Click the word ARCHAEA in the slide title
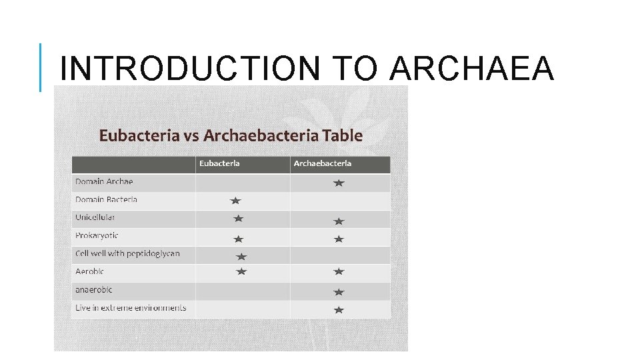pyautogui.click(x=471, y=69)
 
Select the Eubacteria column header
pyautogui.click(x=219, y=163)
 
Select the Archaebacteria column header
pyautogui.click(x=323, y=163)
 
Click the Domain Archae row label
pyautogui.click(x=104, y=181)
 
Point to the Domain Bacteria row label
pyautogui.click(x=106, y=199)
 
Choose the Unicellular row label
pyautogui.click(x=95, y=217)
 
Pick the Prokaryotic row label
pyautogui.click(x=97, y=235)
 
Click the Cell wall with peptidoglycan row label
pyautogui.click(x=127, y=253)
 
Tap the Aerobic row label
pyautogui.click(x=89, y=271)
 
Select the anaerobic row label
pyautogui.click(x=93, y=290)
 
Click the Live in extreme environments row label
pyautogui.click(x=131, y=308)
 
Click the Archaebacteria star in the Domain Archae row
pyautogui.click(x=339, y=183)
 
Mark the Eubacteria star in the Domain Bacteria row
pyautogui.click(x=235, y=200)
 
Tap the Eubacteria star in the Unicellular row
pyautogui.click(x=239, y=218)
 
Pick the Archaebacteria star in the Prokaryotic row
pyautogui.click(x=339, y=239)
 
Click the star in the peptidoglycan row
pyautogui.click(x=241, y=256)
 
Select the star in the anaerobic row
pyautogui.click(x=339, y=292)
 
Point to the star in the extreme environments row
pyautogui.click(x=339, y=310)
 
